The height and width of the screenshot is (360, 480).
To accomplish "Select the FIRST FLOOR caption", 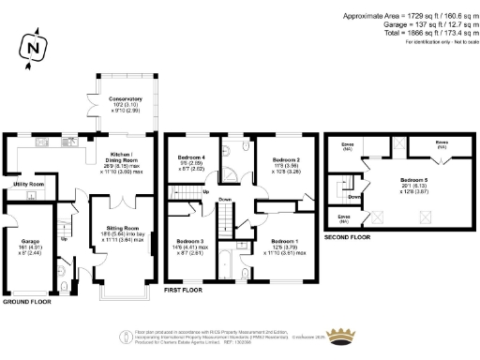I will pyautogui.click(x=184, y=292).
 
